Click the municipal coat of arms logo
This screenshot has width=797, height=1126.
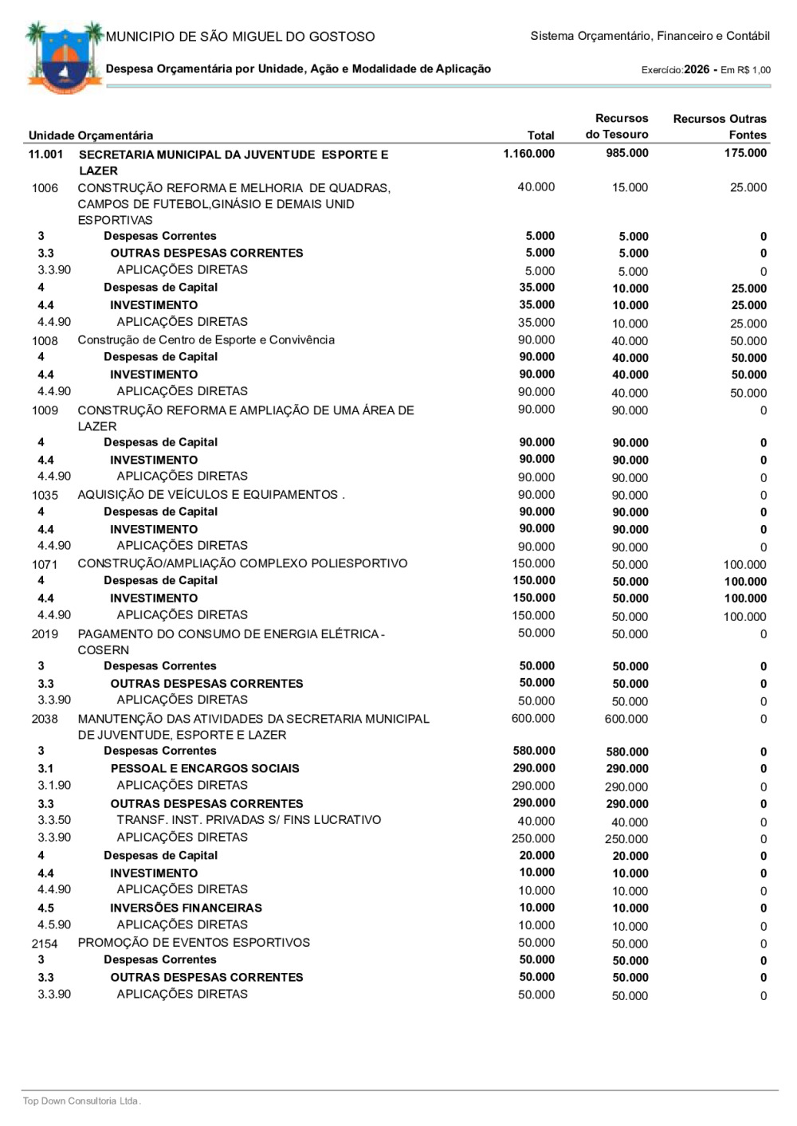coord(64,58)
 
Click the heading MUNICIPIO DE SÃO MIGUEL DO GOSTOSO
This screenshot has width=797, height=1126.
coord(240,37)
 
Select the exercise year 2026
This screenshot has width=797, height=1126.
coord(696,69)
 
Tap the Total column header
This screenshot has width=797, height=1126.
coord(540,135)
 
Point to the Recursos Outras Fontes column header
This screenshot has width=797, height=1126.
coord(719,127)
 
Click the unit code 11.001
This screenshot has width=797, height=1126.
coord(45,154)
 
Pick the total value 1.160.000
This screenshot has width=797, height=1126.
coord(528,154)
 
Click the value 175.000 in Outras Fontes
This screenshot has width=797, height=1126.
coord(745,153)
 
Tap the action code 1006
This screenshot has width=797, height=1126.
coord(45,188)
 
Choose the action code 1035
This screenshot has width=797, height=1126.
coord(45,495)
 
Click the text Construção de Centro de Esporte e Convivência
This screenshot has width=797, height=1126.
coord(206,340)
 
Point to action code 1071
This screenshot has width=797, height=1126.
coord(45,564)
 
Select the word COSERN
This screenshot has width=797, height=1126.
coord(103,650)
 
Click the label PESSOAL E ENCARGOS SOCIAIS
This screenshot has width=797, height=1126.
coord(205,768)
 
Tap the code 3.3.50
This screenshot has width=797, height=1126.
coord(54,820)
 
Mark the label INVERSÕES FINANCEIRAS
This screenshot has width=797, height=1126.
coord(186,908)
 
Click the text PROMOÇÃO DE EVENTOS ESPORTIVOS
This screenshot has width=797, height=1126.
coord(194,943)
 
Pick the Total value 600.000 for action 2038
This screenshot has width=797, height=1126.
coord(533,719)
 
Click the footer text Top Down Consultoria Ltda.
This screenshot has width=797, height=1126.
coord(81,1101)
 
